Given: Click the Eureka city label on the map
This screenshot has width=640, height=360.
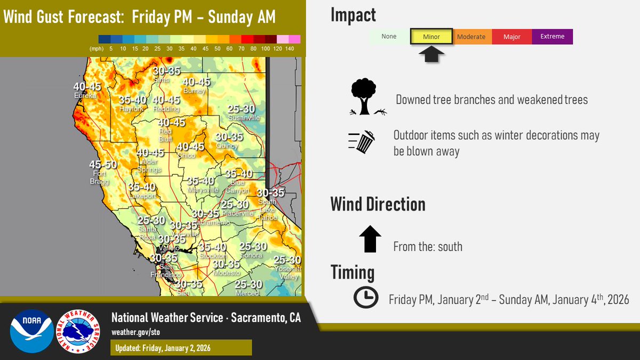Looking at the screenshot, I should pyautogui.click(x=85, y=95).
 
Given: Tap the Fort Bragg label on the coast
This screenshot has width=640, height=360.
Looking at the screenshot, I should pyautogui.click(x=99, y=177).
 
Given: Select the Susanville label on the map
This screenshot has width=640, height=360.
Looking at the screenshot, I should pyautogui.click(x=244, y=117).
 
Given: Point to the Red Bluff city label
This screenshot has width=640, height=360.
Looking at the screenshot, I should pyautogui.click(x=165, y=132).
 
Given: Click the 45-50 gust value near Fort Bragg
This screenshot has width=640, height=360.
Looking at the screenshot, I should pyautogui.click(x=103, y=165).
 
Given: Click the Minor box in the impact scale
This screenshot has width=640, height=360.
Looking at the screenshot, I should pyautogui.click(x=431, y=37).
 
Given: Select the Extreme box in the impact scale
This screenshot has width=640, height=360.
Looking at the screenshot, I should pyautogui.click(x=552, y=37).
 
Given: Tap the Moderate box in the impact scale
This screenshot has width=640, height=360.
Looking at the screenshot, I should pyautogui.click(x=471, y=37).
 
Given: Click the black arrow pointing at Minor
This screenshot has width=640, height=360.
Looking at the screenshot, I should pyautogui.click(x=431, y=54).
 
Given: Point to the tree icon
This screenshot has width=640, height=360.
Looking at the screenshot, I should pyautogui.click(x=365, y=97).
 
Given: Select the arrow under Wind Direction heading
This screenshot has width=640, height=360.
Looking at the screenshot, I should pyautogui.click(x=370, y=238).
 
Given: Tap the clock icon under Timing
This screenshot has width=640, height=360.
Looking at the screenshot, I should pyautogui.click(x=366, y=298).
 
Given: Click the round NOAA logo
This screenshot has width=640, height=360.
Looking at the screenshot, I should pyautogui.click(x=31, y=331).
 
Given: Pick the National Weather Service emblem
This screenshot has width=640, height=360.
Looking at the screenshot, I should pyautogui.click(x=78, y=331).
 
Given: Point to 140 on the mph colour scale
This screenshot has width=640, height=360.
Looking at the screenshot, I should pyautogui.click(x=290, y=49).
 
